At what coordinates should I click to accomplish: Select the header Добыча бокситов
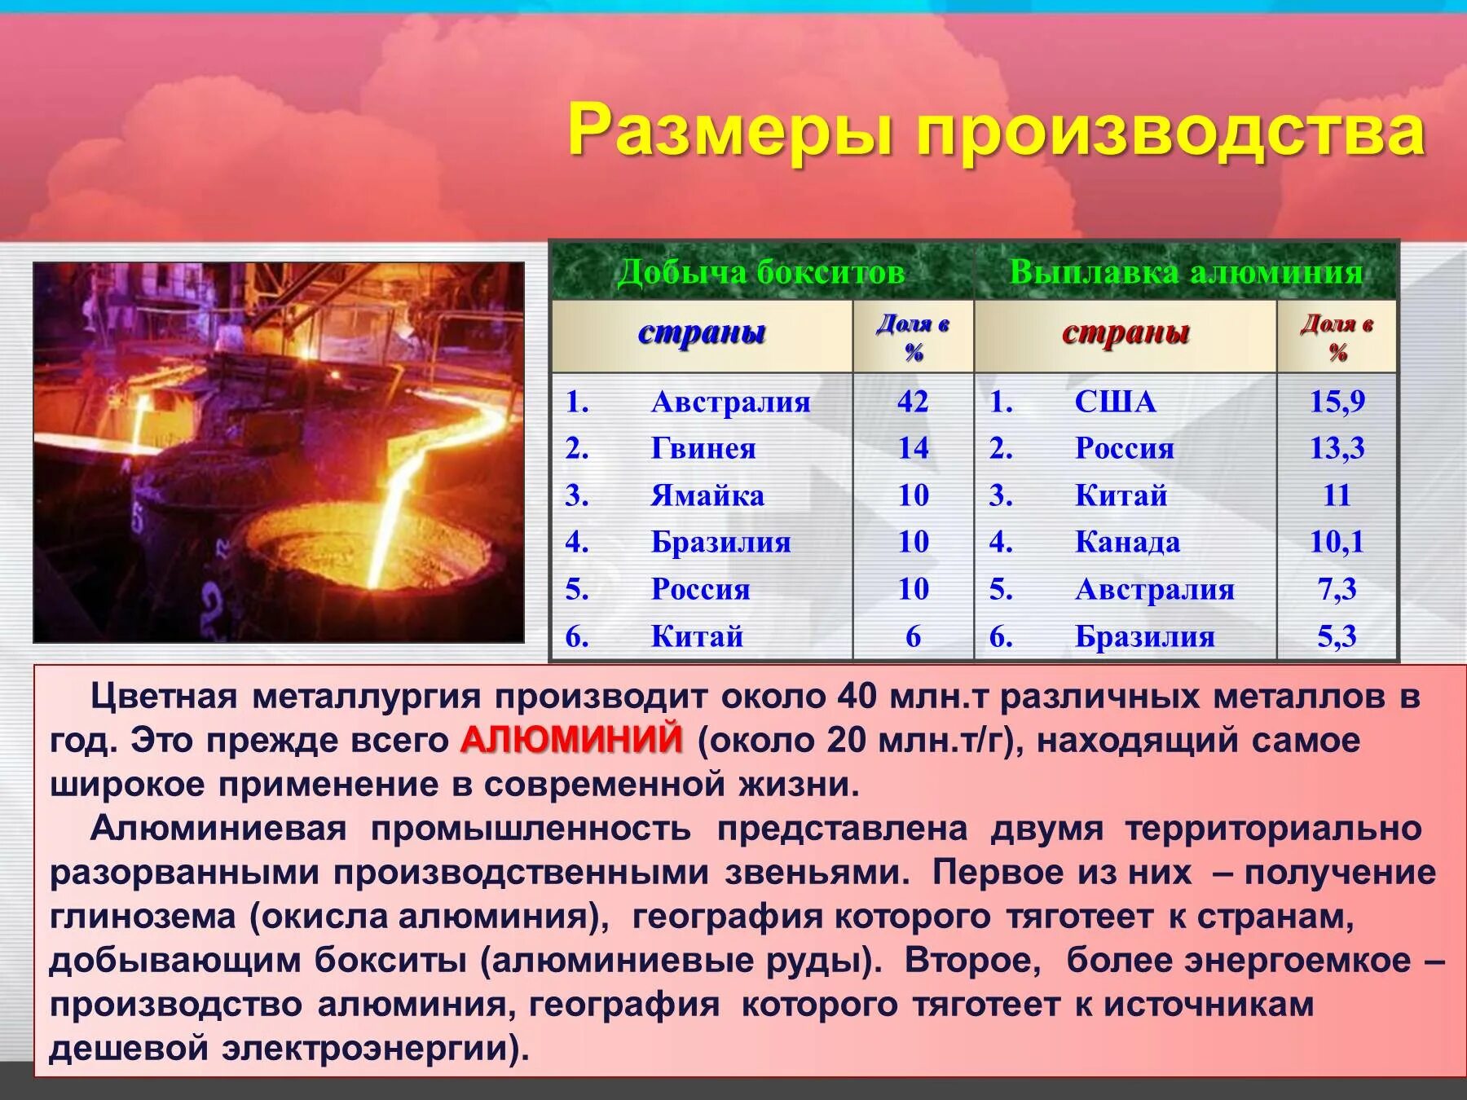[761, 271]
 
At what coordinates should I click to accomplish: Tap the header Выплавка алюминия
[1186, 271]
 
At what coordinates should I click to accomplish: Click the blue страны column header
[702, 332]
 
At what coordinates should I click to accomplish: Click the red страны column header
[1126, 332]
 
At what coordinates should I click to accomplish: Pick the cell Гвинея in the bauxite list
[703, 448]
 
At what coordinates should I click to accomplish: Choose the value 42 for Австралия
[913, 402]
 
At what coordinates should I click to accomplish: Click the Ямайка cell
[707, 495]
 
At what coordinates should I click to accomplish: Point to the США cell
[1115, 402]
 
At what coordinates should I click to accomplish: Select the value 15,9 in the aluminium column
[1337, 402]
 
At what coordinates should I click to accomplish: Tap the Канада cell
[1127, 542]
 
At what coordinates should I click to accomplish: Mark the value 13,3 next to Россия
[1337, 448]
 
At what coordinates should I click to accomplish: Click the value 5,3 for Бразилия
[1337, 636]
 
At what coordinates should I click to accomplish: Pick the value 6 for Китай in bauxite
[913, 636]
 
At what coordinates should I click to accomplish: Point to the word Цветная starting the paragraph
[164, 697]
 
